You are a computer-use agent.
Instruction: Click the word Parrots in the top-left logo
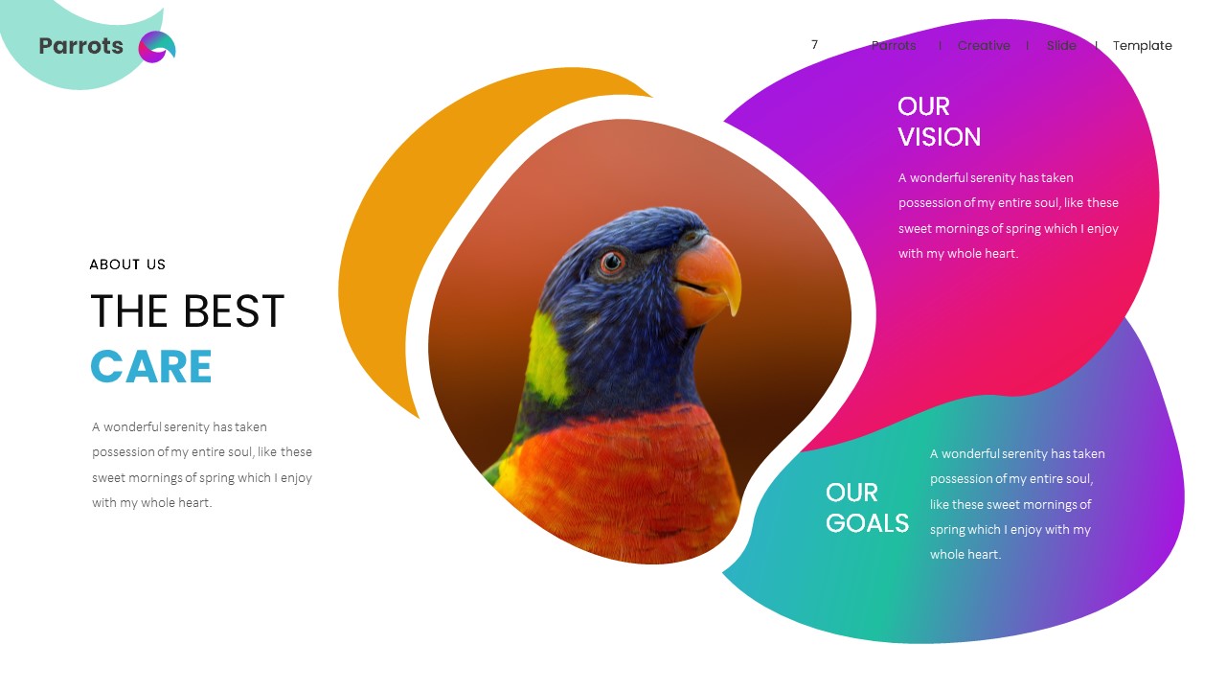tap(80, 46)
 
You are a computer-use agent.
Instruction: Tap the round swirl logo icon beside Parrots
tap(157, 47)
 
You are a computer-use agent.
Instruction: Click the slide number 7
tap(814, 45)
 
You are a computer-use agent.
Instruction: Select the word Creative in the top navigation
tap(984, 46)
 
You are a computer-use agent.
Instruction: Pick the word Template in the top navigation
tap(1142, 46)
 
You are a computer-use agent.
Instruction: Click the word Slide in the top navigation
tap(1061, 46)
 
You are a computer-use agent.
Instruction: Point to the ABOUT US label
tap(127, 264)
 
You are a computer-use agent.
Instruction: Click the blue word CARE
tap(151, 367)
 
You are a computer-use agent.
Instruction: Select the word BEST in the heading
tap(234, 311)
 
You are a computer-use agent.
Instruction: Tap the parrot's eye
tap(611, 262)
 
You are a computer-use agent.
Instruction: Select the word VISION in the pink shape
tap(939, 137)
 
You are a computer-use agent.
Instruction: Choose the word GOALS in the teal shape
tap(867, 523)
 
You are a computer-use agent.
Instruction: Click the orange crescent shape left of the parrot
tap(402, 240)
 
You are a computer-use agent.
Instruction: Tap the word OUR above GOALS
tap(851, 493)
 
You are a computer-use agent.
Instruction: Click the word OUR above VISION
tap(923, 106)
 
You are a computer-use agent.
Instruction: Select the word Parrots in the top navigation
tap(894, 46)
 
